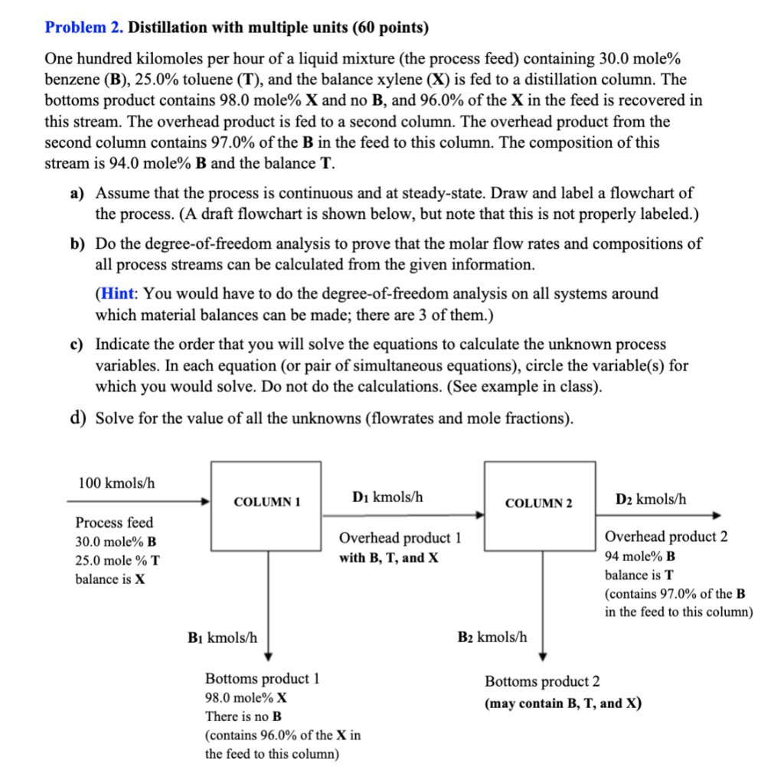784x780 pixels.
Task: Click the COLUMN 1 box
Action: point(266,503)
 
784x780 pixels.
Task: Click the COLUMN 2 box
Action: point(539,503)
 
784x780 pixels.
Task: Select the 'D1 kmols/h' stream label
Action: point(387,498)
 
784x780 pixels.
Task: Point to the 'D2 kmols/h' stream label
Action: point(651,499)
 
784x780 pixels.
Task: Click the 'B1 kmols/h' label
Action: point(222,637)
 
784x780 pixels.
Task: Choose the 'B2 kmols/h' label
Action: point(492,637)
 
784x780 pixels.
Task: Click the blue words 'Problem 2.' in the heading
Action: point(84,28)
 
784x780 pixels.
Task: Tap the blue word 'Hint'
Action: point(117,293)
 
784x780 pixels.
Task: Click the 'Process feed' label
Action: point(114,523)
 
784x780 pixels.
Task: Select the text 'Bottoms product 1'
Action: point(262,678)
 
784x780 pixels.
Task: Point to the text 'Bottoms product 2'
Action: point(542,681)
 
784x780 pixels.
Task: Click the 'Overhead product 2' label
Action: point(665,537)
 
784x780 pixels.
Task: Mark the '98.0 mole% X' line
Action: point(246,697)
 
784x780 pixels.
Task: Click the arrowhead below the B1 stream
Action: point(268,656)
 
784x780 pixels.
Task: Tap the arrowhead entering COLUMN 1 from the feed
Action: point(204,502)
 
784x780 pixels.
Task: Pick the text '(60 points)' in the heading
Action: point(390,28)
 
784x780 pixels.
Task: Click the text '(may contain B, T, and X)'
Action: point(563,703)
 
